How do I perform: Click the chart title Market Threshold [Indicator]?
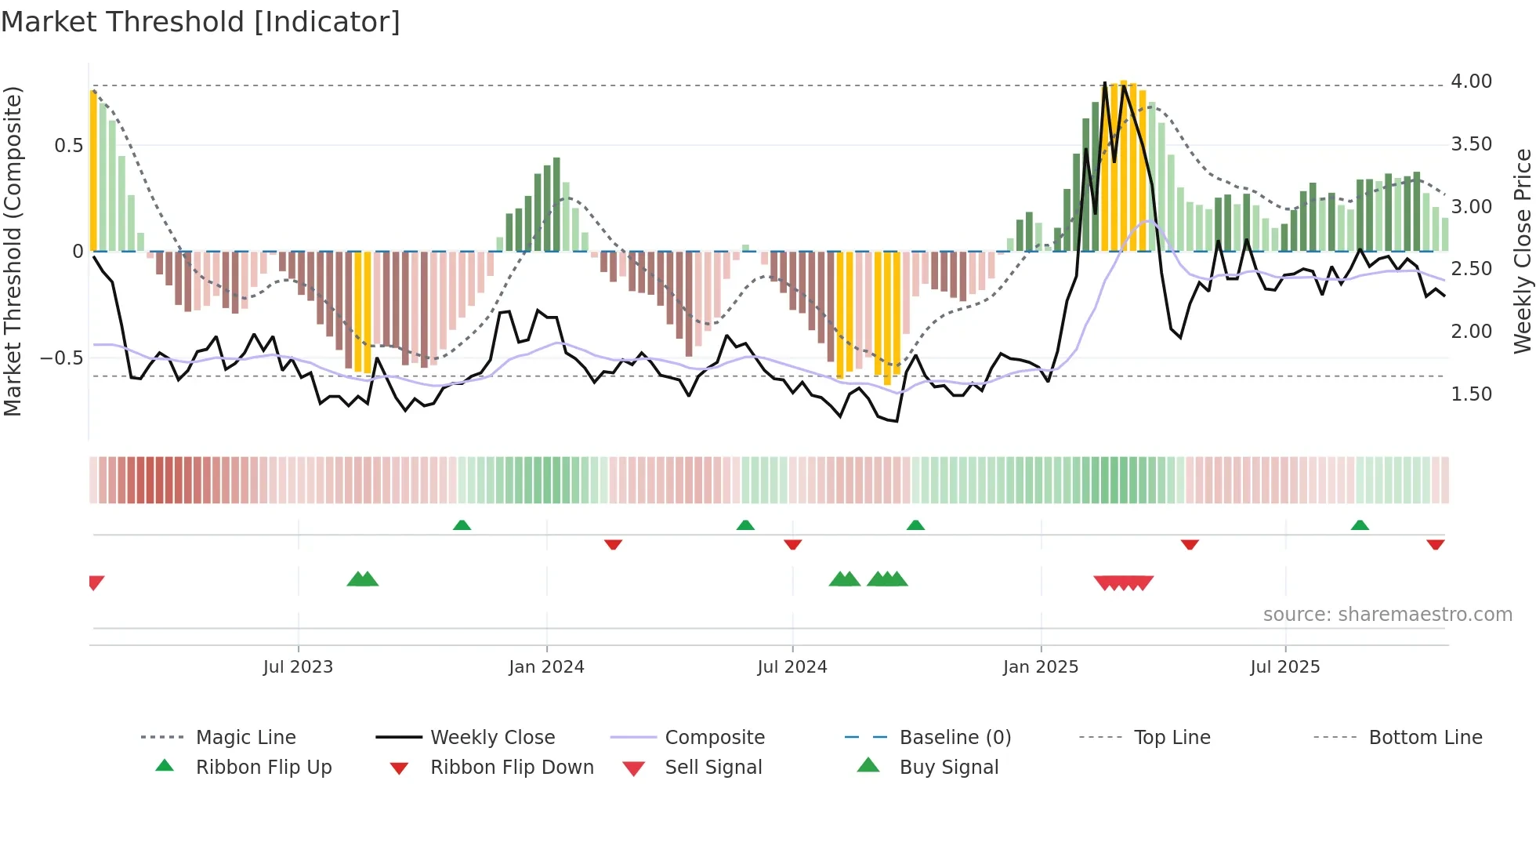pos(201,22)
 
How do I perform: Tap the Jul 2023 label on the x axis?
pos(298,667)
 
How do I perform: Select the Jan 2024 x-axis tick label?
pos(546,667)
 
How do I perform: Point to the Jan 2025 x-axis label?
pos(1041,667)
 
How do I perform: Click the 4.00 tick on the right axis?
pos(1471,82)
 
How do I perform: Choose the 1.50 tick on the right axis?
pos(1471,394)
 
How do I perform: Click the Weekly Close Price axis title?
pos(1522,251)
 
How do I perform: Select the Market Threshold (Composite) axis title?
pos(13,251)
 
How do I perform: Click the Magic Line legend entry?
pos(245,738)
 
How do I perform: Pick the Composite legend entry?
pos(714,738)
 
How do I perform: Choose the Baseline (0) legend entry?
pos(955,738)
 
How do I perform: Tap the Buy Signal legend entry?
pos(948,768)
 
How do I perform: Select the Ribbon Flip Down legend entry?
pos(511,768)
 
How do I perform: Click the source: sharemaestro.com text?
pos(1387,615)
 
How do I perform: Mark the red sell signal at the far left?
pos(96,582)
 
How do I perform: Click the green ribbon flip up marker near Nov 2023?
pos(462,525)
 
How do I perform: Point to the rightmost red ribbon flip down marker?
pos(1435,544)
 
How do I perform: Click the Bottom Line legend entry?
pos(1425,738)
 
